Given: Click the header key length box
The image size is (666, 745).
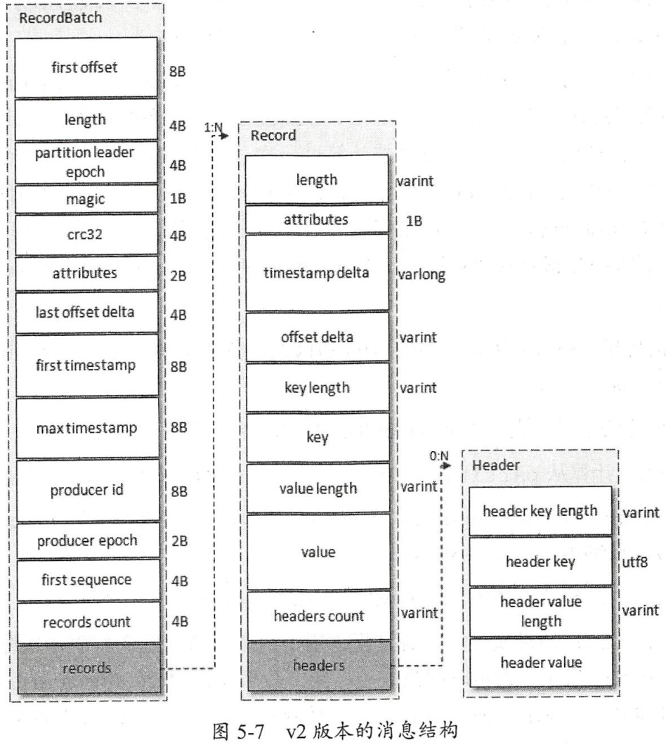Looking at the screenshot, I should point(540,510).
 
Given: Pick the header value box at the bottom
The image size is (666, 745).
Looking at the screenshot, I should point(540,662).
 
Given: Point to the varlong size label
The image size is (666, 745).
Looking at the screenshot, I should point(422,274).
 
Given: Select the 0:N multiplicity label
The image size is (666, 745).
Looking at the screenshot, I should point(439,455).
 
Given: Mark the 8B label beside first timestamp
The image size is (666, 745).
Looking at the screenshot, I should point(177,367).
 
